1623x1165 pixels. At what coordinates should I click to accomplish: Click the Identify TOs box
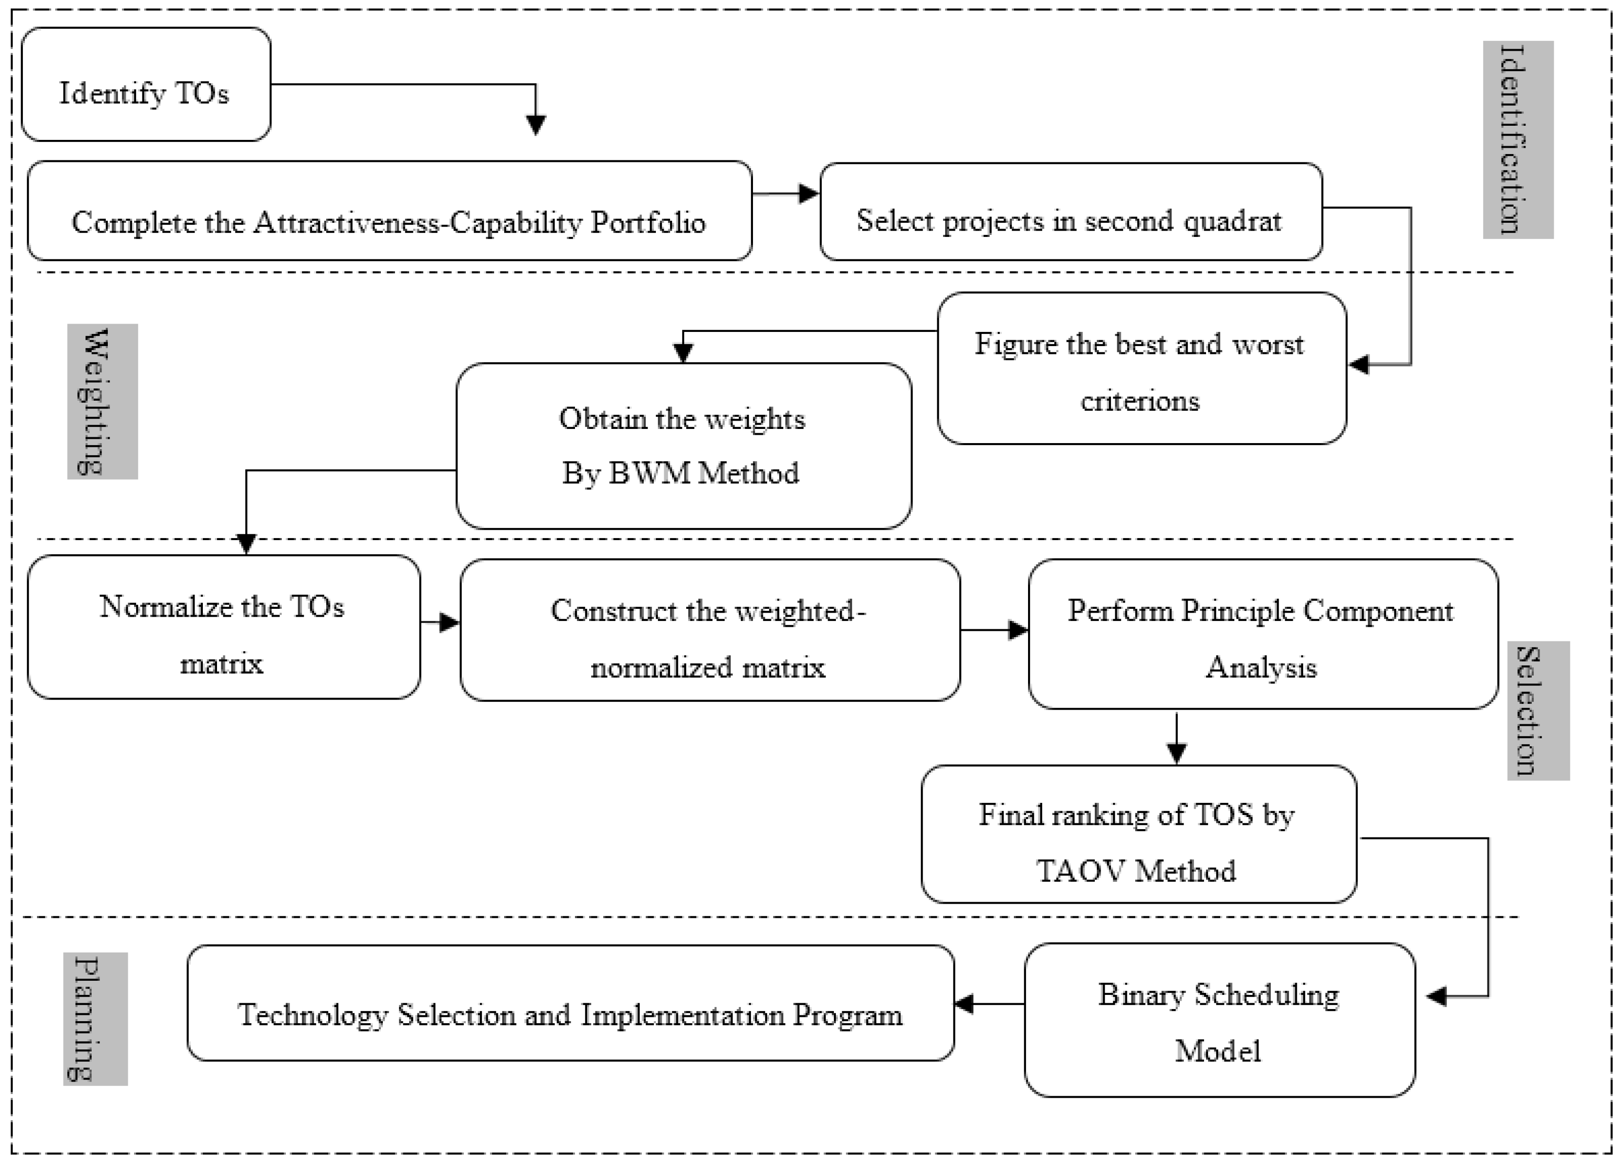click(x=146, y=84)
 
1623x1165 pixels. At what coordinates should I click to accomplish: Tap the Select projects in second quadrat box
click(x=1070, y=212)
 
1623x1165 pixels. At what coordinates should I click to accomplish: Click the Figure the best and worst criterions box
click(x=1141, y=369)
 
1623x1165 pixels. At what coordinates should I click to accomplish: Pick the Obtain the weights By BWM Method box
click(x=683, y=446)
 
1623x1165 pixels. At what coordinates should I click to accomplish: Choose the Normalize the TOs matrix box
click(x=223, y=627)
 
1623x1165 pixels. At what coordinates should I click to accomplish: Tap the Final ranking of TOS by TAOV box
click(x=1138, y=834)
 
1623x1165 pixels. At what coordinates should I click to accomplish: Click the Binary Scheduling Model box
click(x=1219, y=1020)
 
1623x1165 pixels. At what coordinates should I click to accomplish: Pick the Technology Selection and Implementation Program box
click(x=570, y=1003)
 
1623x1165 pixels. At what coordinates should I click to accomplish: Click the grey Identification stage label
click(x=1517, y=139)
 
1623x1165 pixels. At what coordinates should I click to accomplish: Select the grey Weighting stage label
click(x=102, y=401)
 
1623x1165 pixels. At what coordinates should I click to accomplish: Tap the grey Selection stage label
click(x=1537, y=710)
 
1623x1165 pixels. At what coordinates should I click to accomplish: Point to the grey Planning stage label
click(x=95, y=1018)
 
